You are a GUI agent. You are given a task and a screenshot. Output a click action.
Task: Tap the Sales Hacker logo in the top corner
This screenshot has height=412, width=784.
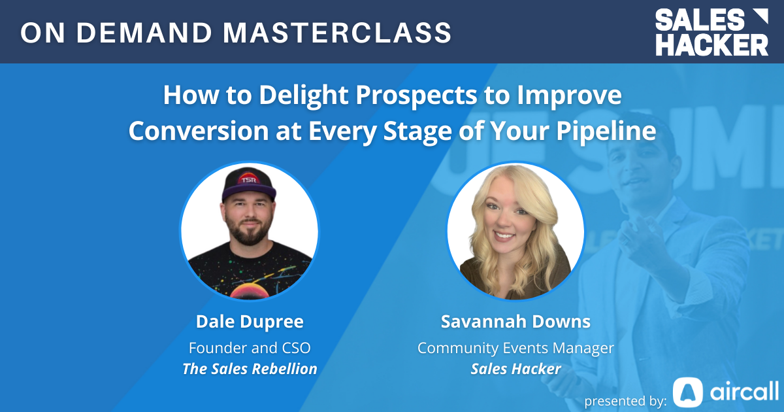[x=712, y=32]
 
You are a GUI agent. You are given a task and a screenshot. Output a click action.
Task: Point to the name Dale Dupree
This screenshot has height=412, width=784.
[x=250, y=322]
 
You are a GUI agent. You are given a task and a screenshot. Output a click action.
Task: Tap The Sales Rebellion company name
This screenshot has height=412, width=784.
[x=250, y=368]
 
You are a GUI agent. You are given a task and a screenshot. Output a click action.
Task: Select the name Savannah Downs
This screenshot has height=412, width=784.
[x=515, y=322]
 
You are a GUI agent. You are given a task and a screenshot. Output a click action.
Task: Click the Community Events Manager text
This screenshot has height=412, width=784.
[x=515, y=347]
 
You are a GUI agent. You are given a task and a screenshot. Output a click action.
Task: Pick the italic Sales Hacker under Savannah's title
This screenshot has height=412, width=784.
[x=515, y=368]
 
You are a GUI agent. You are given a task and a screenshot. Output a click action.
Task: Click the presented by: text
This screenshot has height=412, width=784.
[x=625, y=400]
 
